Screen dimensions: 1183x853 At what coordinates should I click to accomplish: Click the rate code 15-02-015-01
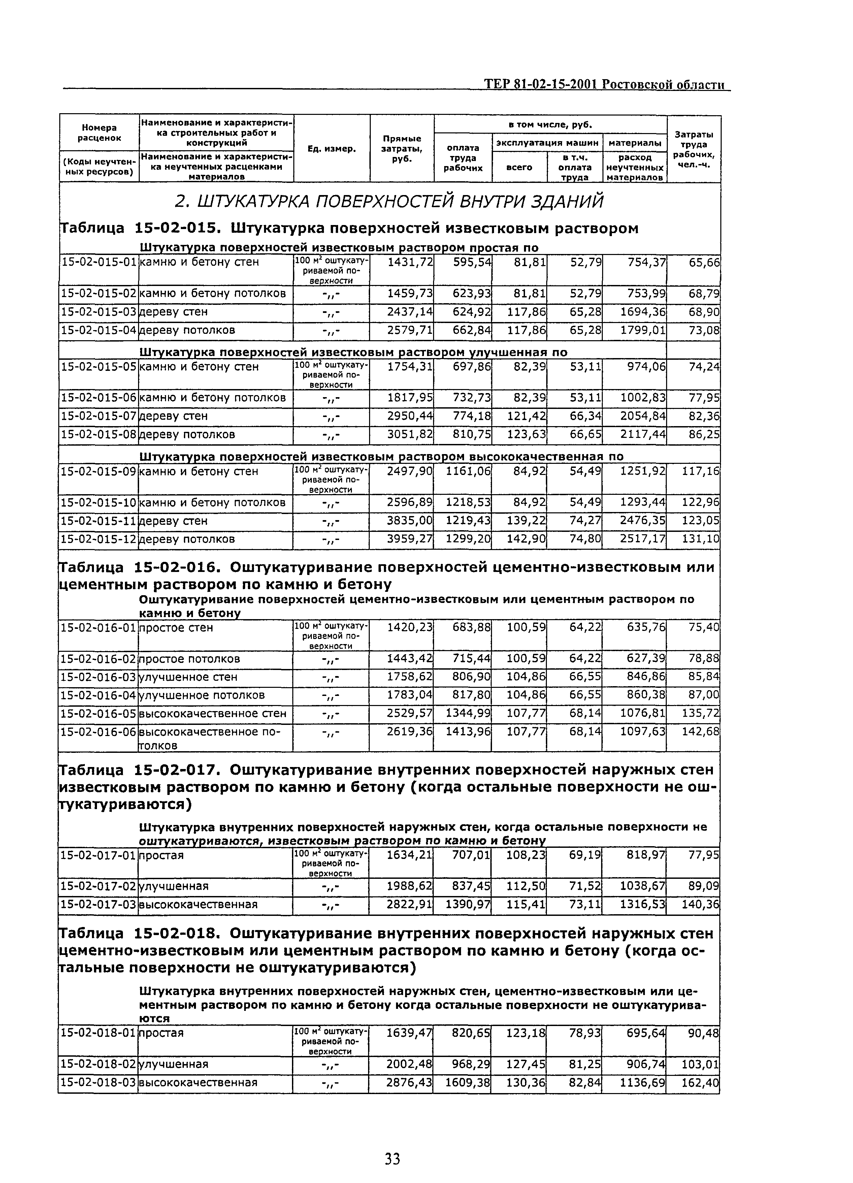99,262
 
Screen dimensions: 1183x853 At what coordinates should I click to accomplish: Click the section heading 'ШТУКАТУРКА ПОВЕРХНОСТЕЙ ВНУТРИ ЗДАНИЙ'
388,201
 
